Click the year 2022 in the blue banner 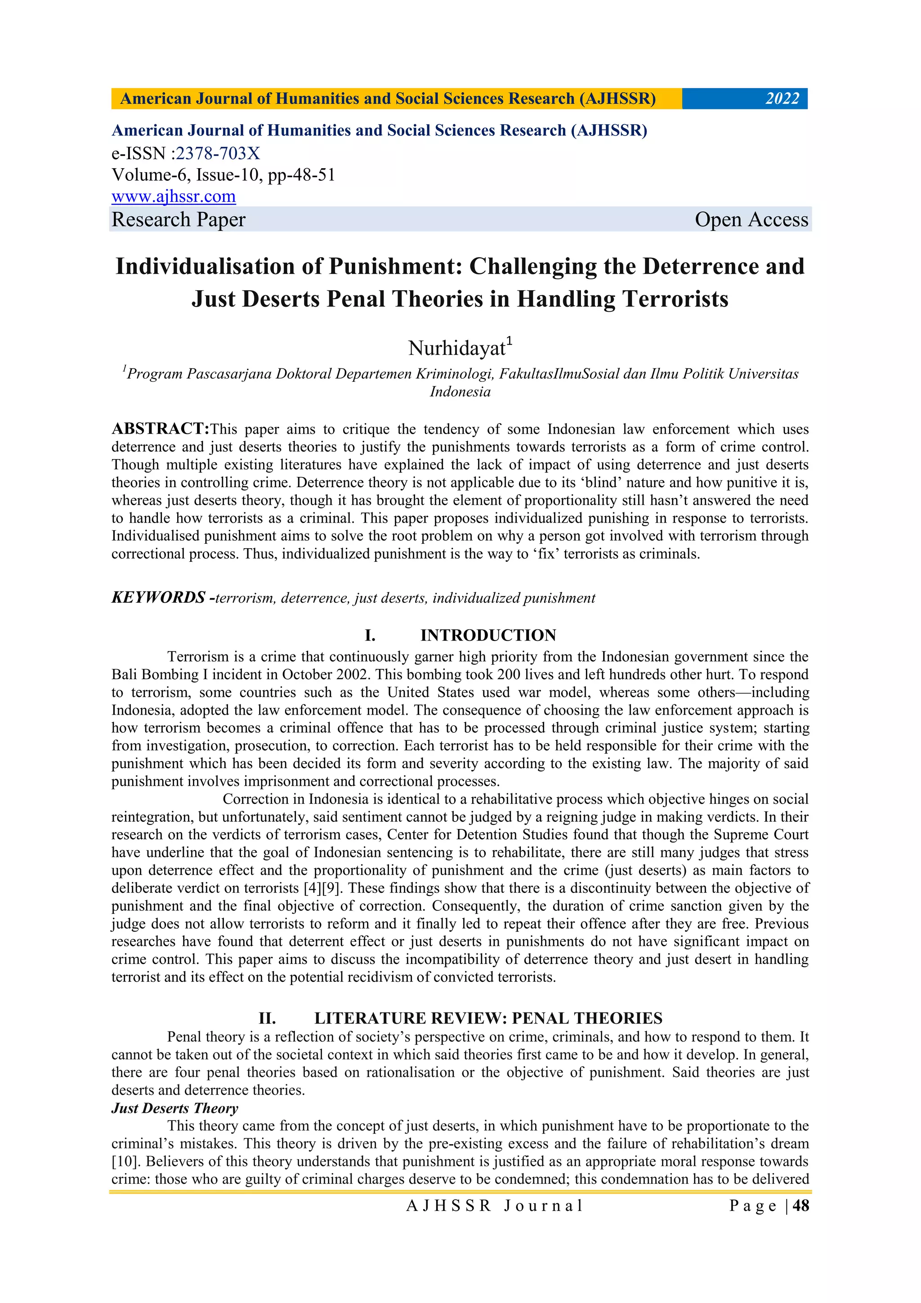(x=782, y=99)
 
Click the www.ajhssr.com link (x=174, y=197)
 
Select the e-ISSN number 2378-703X (x=218, y=153)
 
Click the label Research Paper (x=179, y=219)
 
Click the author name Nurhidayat (x=457, y=348)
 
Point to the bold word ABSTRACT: (x=161, y=429)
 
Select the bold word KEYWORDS (x=158, y=598)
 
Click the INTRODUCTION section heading (x=488, y=635)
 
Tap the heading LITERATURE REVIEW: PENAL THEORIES (x=488, y=1018)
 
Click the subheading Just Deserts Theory (x=175, y=1108)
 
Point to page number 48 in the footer (x=800, y=1205)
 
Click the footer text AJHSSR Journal (x=494, y=1205)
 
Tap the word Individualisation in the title (x=205, y=266)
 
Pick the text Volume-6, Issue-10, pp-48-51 (x=224, y=175)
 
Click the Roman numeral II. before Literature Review (x=267, y=1018)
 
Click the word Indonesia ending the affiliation (x=460, y=392)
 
